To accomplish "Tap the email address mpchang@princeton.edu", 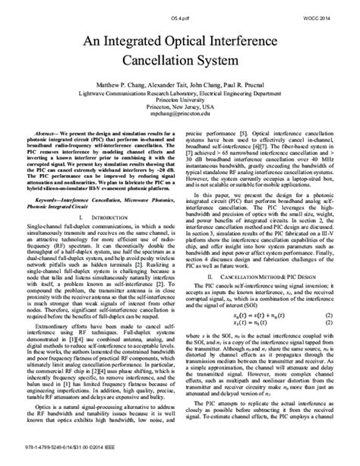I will coord(179,120).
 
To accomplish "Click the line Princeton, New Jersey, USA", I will coord(179,113).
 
